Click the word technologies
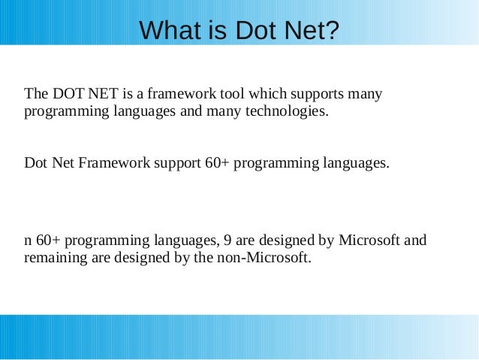pyautogui.click(x=287, y=113)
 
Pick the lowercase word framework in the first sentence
pyautogui.click(x=180, y=95)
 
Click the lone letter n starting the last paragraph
pyautogui.click(x=28, y=241)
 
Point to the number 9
pyautogui.click(x=229, y=241)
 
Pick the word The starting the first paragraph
pyautogui.click(x=36, y=95)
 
